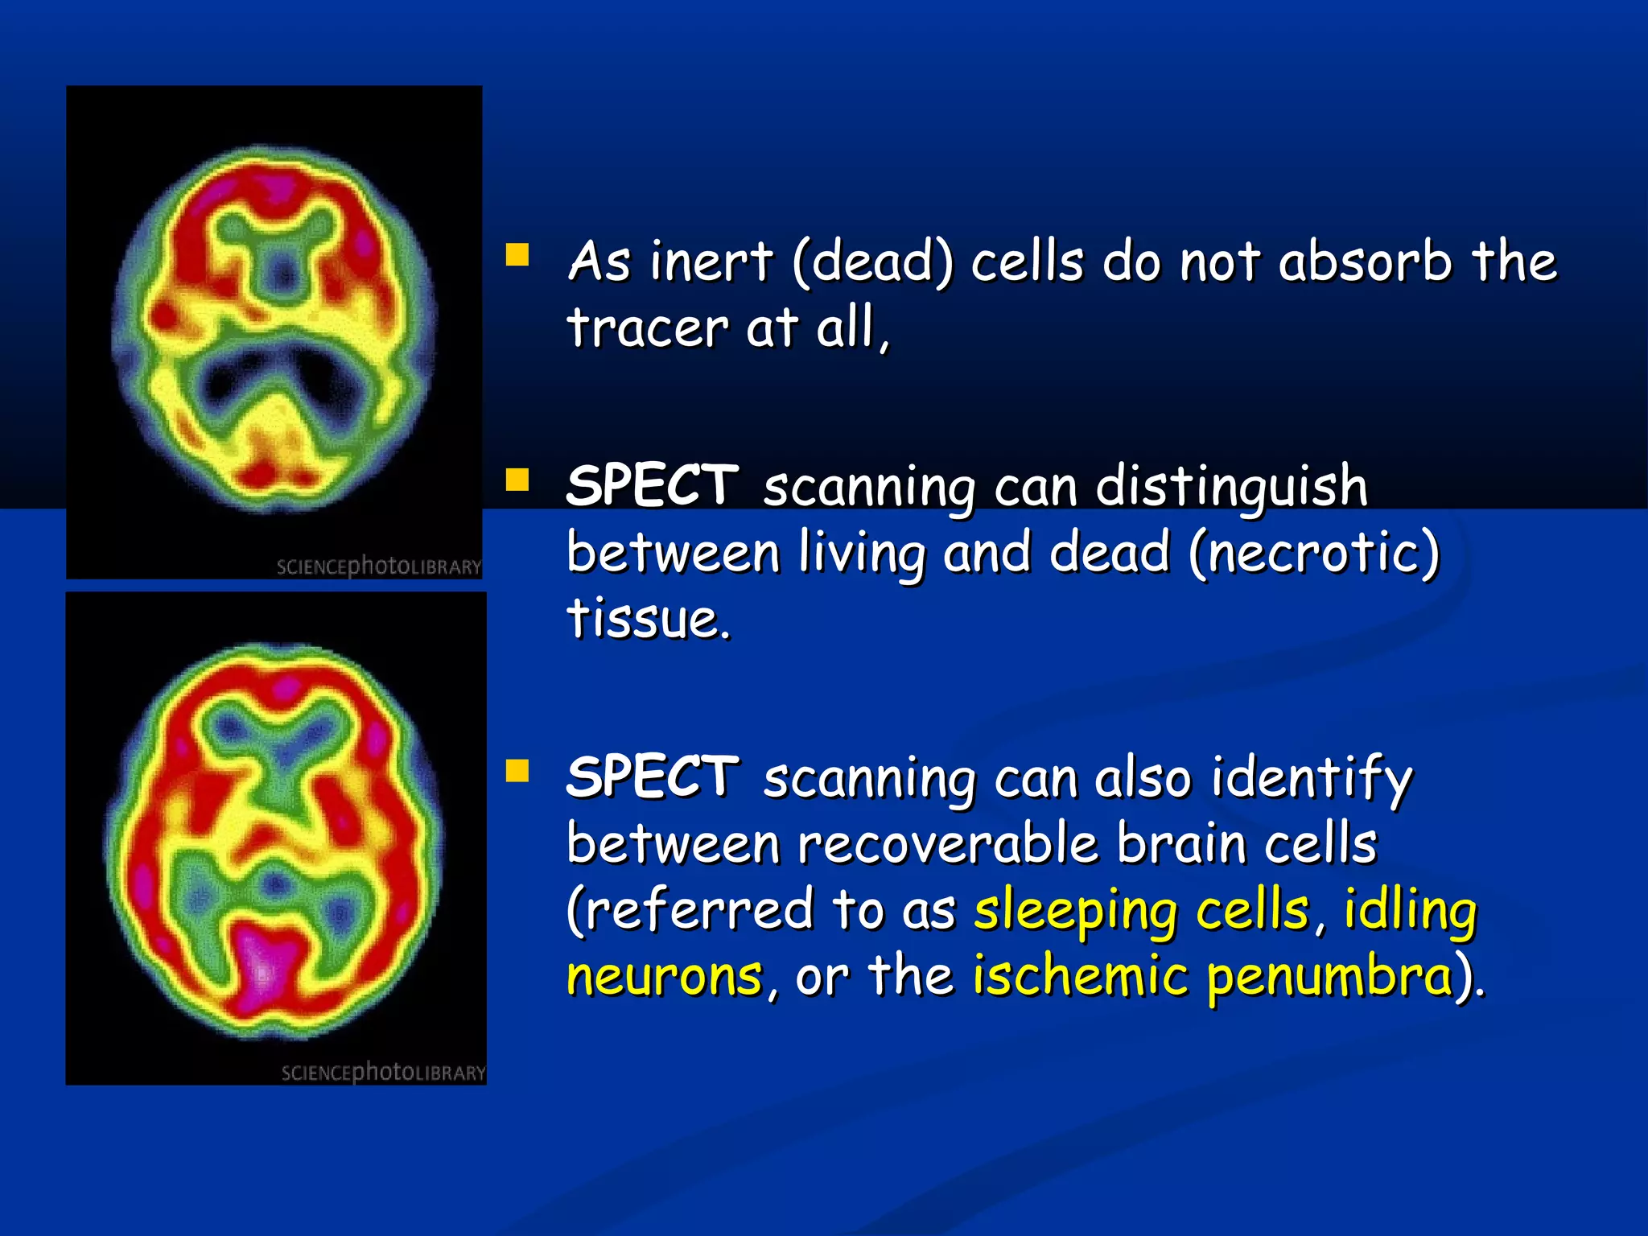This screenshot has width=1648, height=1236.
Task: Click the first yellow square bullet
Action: click(x=517, y=255)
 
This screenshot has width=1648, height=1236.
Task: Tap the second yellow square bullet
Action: click(x=517, y=480)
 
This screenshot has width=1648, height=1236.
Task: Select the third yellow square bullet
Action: click(x=517, y=771)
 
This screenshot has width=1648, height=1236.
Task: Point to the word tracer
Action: click(x=648, y=328)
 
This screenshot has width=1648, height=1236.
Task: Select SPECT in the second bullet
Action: click(x=652, y=486)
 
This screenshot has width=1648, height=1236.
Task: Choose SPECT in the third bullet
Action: click(x=652, y=777)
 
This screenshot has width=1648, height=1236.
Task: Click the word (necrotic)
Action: click(x=1314, y=554)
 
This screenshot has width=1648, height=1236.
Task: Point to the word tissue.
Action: click(x=648, y=619)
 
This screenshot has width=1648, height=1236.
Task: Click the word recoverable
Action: click(x=948, y=844)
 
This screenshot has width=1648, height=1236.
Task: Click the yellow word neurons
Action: click(x=664, y=977)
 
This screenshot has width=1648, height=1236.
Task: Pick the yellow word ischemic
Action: click(x=1080, y=977)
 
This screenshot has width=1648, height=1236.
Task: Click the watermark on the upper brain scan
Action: click(x=378, y=566)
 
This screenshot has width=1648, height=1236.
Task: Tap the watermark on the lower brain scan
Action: click(x=383, y=1073)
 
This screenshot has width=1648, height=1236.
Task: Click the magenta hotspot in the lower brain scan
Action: click(x=262, y=966)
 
